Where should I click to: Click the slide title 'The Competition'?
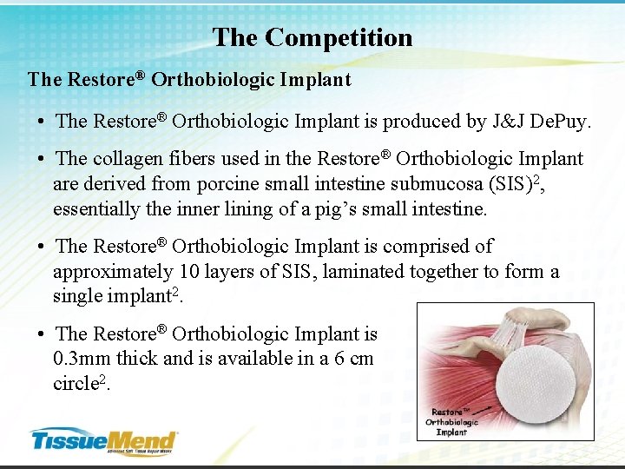312,37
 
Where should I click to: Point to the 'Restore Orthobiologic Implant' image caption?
452,421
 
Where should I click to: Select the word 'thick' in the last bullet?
141,359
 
